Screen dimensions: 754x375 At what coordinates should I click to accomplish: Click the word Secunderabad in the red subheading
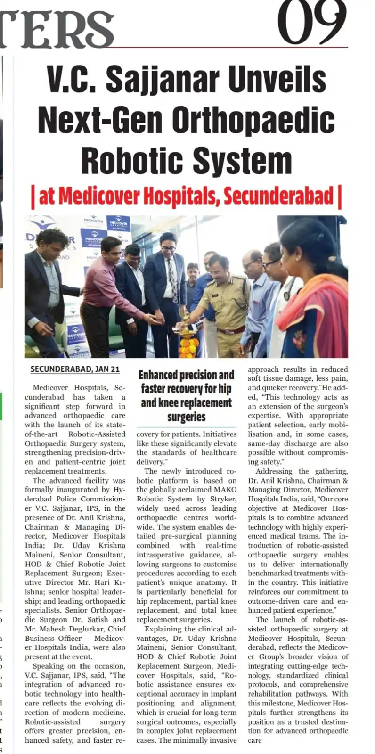tap(278, 196)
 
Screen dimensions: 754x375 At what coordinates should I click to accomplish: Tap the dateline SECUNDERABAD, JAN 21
tap(75, 369)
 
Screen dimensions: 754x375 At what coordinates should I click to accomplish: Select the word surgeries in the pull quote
tap(186, 417)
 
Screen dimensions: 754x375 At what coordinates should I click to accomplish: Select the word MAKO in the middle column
tap(224, 490)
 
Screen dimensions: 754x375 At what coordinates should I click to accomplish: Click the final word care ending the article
tap(255, 740)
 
